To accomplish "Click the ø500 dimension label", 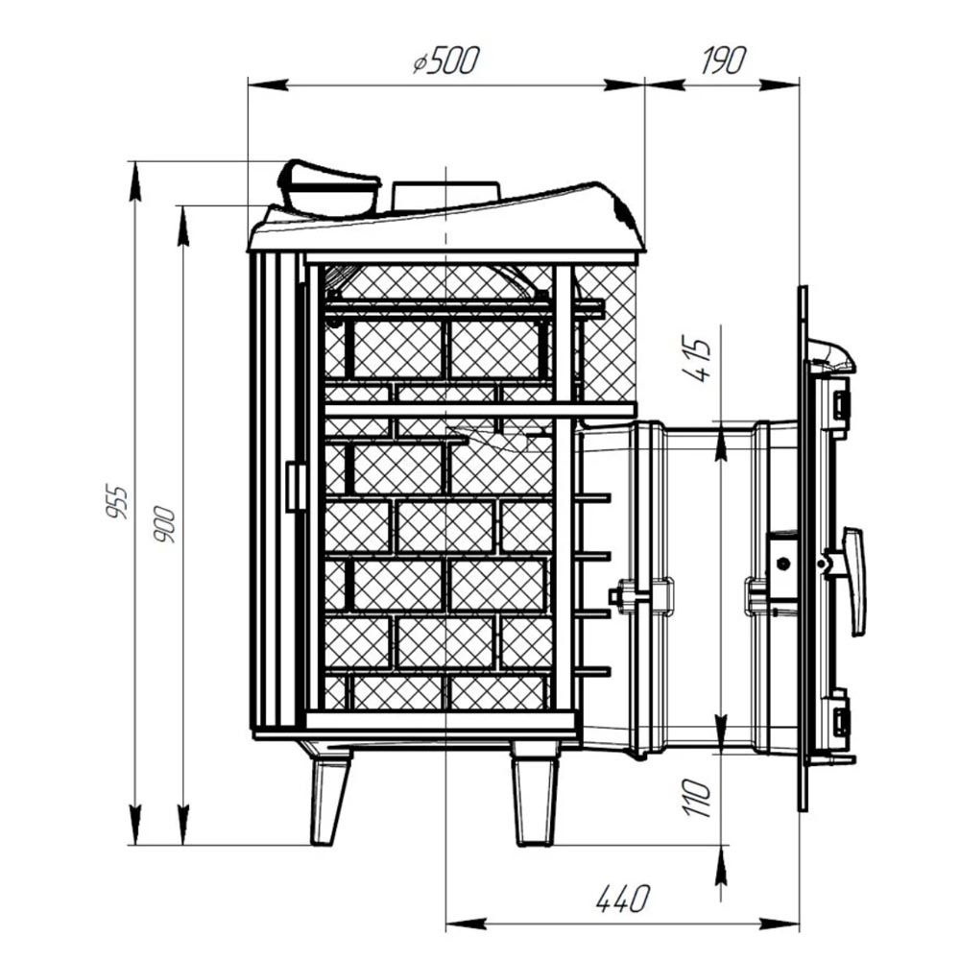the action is click(445, 60).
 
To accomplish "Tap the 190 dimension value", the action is click(724, 60).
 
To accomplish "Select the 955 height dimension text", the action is click(116, 502).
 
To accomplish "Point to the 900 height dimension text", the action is click(164, 525).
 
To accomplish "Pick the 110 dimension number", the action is click(698, 798).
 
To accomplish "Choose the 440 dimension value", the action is click(622, 899).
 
